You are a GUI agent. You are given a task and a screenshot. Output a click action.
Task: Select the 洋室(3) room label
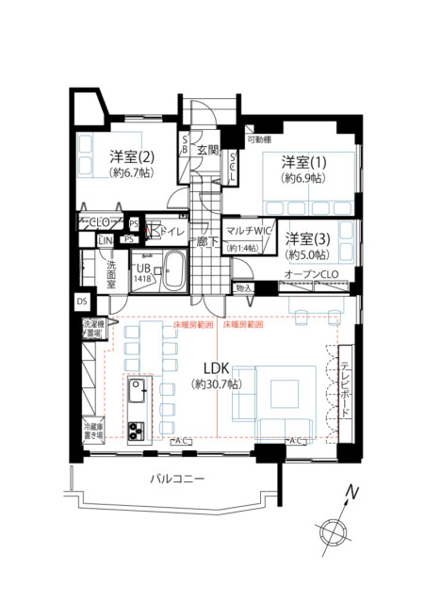pos(307,237)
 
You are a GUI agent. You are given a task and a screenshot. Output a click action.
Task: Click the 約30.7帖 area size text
pos(214,384)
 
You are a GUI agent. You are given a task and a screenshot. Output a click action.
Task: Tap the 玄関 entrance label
pos(208,150)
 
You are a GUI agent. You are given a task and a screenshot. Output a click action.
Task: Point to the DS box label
pos(82,301)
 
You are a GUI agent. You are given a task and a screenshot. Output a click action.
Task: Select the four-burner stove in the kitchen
pos(137,431)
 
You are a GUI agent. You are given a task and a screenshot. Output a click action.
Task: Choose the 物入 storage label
pos(243,287)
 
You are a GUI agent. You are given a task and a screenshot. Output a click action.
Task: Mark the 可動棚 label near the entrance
pos(260,139)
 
